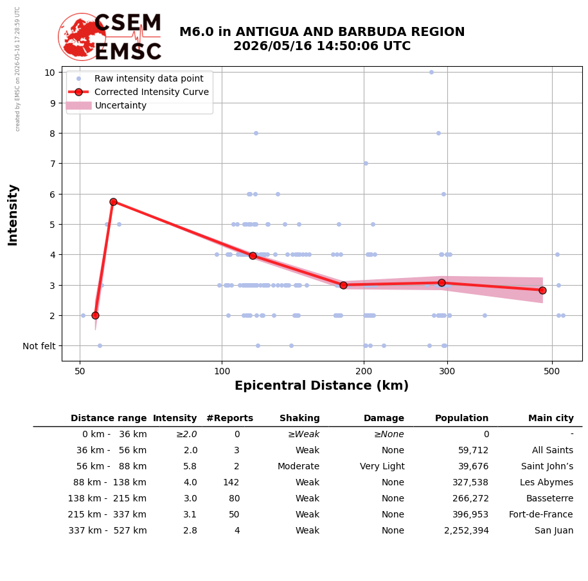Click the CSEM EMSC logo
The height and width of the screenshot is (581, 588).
(x=109, y=37)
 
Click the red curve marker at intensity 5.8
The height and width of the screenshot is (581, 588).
(x=113, y=202)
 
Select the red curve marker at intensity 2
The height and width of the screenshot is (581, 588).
(x=95, y=315)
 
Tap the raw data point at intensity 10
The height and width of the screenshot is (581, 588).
(x=431, y=73)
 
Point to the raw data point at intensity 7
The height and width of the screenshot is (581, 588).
(x=366, y=163)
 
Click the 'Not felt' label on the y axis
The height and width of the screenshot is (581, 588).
(x=39, y=346)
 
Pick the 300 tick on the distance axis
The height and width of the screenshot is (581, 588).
(x=447, y=371)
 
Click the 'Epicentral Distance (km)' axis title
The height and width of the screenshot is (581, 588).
(x=321, y=385)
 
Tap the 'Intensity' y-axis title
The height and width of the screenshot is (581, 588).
(x=12, y=215)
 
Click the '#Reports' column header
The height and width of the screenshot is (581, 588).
(x=229, y=418)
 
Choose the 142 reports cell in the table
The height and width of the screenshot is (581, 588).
(x=231, y=482)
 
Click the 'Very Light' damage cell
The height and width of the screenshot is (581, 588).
(x=382, y=466)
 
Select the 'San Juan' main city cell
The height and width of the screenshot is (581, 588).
(x=554, y=530)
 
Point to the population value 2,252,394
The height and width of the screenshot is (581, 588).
(x=467, y=531)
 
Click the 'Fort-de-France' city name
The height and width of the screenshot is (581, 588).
(x=540, y=514)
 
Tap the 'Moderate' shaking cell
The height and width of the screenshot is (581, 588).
(x=299, y=466)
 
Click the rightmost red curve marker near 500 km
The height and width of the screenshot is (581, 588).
(x=542, y=290)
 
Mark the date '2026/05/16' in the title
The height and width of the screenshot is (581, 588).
(x=272, y=46)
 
